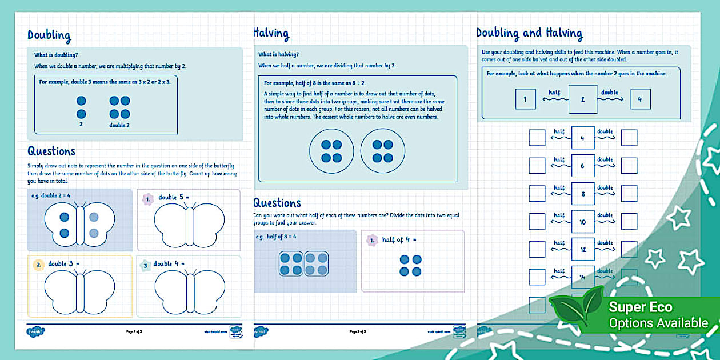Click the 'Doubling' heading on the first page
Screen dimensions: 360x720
(x=49, y=35)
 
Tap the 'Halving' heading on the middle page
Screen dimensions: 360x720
(x=271, y=34)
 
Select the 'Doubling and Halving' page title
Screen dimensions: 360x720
(x=529, y=34)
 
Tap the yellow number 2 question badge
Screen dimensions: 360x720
(x=38, y=265)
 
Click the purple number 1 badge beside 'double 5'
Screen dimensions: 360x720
(x=147, y=199)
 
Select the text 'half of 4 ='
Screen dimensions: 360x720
(x=401, y=240)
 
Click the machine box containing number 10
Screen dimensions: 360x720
(x=582, y=222)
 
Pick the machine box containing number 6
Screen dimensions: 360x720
(x=582, y=166)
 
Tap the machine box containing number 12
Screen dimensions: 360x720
(x=582, y=250)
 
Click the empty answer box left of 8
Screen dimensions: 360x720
(x=537, y=194)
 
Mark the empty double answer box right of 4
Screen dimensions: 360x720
(x=629, y=138)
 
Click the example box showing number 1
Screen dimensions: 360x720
(x=525, y=99)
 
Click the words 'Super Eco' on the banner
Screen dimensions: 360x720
(x=641, y=307)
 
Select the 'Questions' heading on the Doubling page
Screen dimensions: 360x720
(x=51, y=151)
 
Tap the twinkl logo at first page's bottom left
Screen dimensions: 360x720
(x=35, y=331)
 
